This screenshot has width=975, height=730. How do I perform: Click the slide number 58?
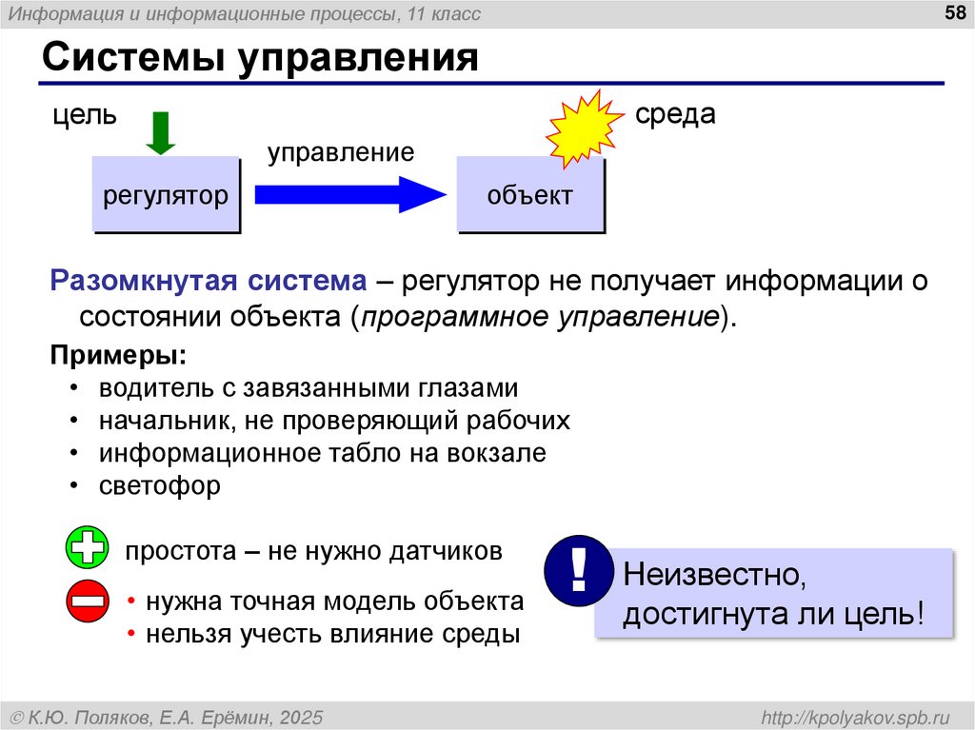click(x=952, y=12)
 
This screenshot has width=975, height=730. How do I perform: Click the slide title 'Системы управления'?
click(x=259, y=57)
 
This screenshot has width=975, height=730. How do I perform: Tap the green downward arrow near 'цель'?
click(x=160, y=132)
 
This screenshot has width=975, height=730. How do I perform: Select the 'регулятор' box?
click(x=166, y=196)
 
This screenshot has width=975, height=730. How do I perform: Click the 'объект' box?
click(x=530, y=196)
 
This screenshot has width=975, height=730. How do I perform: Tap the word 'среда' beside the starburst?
click(x=675, y=114)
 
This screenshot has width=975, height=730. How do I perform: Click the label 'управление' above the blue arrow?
click(x=340, y=152)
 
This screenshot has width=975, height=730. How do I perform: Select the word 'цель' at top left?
click(x=85, y=117)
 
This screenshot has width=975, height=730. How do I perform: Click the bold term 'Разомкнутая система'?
click(x=209, y=282)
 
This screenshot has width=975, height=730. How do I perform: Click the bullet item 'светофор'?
click(x=160, y=485)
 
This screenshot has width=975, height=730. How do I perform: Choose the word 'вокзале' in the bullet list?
click(x=505, y=453)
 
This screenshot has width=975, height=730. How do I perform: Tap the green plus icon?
click(x=88, y=550)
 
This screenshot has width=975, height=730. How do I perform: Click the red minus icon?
click(x=88, y=602)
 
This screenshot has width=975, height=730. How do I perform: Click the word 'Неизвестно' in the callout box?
click(x=709, y=575)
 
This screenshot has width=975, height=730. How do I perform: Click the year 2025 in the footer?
click(x=302, y=716)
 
